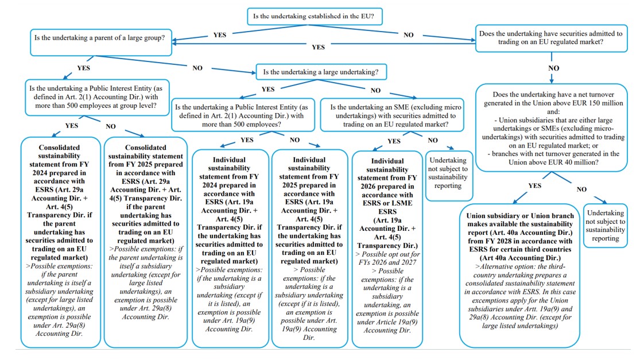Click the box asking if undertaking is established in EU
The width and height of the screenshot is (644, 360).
tap(314, 17)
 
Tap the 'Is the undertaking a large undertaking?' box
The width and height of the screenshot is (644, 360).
tap(320, 72)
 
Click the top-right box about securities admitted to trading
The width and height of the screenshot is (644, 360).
tap(550, 38)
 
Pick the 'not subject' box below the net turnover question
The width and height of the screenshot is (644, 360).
tap(605, 226)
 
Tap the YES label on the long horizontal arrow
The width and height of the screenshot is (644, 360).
tap(318, 47)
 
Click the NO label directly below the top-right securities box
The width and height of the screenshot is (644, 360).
tap(553, 68)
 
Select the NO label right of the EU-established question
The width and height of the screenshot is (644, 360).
tap(408, 35)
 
